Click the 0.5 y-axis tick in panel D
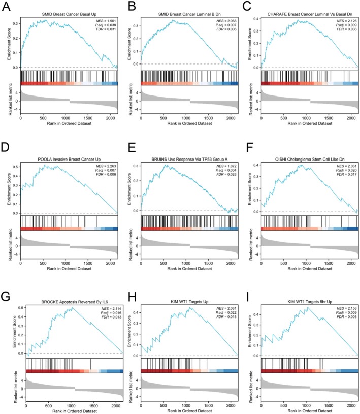(x=16, y=166)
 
